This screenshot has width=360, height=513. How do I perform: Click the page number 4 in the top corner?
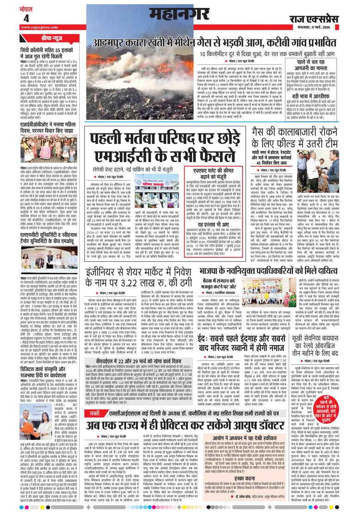pos(26,18)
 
